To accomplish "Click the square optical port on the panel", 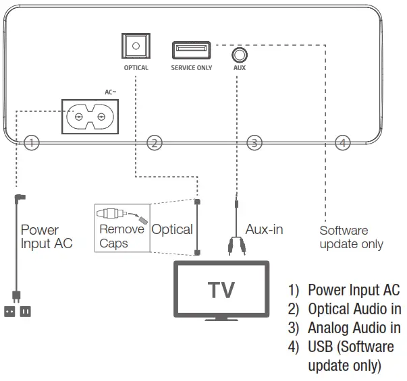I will pyautogui.click(x=136, y=47).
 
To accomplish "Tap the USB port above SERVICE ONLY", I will pyautogui.click(x=191, y=49).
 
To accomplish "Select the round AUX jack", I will pyautogui.click(x=238, y=54).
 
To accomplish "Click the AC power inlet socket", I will pyautogui.click(x=90, y=116).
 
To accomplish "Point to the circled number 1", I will pyautogui.click(x=32, y=142).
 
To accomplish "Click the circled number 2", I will pyautogui.click(x=155, y=142).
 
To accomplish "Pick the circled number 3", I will pyautogui.click(x=254, y=142).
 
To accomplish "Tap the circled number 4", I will pyautogui.click(x=343, y=142).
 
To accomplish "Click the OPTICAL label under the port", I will pyautogui.click(x=136, y=68).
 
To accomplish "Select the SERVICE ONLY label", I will pyautogui.click(x=191, y=68).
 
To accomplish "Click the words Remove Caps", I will pyautogui.click(x=121, y=236).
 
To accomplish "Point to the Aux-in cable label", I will pyautogui.click(x=264, y=230).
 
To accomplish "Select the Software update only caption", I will pyautogui.click(x=351, y=237).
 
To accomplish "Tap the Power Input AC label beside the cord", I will pyautogui.click(x=47, y=237).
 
